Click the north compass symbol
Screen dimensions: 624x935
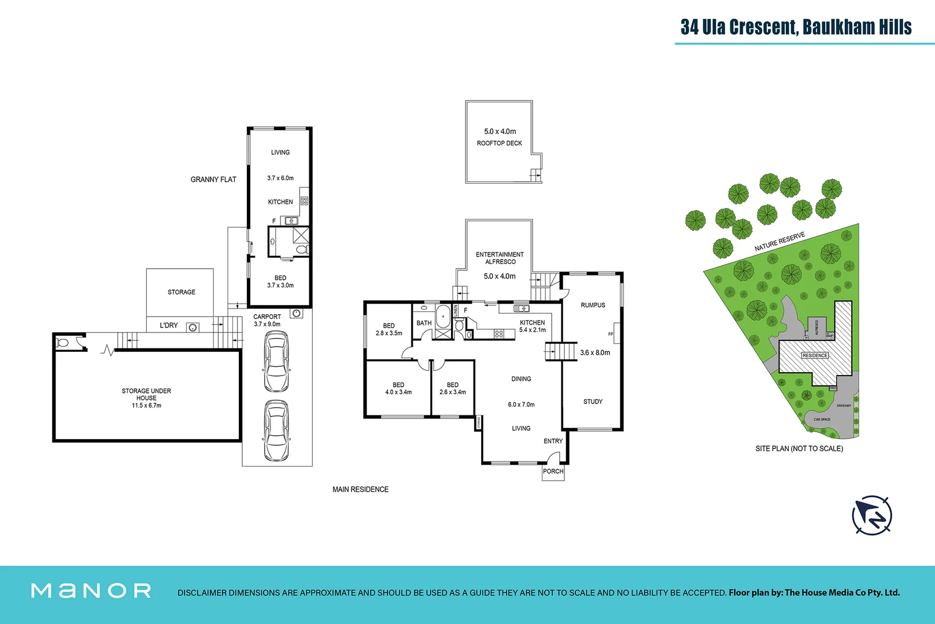872,515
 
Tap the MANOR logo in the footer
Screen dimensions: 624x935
91,590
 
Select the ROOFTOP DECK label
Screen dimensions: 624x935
499,143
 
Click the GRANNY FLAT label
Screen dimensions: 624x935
213,180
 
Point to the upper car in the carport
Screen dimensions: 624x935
276,362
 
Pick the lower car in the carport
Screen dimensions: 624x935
276,430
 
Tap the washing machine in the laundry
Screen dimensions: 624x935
193,328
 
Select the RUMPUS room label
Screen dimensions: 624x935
593,305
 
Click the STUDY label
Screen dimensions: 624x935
593,402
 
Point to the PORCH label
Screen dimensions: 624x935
553,471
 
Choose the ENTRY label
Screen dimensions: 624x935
553,441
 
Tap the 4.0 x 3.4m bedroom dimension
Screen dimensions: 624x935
398,392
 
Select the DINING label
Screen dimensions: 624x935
521,379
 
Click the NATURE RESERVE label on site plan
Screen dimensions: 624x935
779,242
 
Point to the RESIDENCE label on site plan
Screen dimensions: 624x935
815,355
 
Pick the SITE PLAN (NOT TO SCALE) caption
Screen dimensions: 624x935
799,448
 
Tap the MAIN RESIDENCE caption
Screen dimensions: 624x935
360,489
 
